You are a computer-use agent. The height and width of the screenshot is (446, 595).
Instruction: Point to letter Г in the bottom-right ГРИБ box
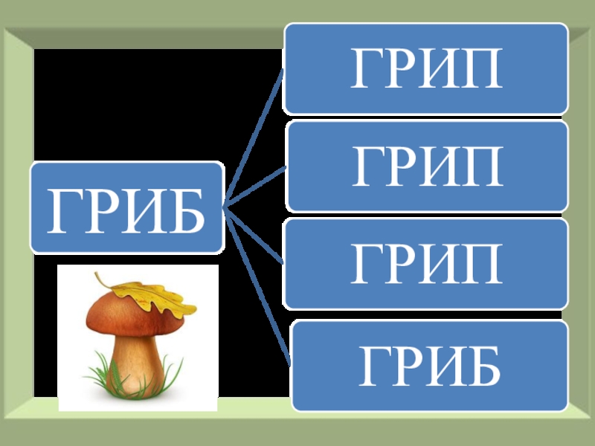coord(374,366)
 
